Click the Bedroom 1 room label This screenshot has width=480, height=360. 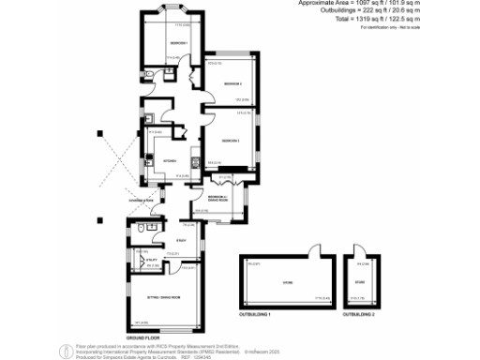179,44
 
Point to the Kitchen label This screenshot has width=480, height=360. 170,160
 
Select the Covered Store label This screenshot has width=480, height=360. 142,201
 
